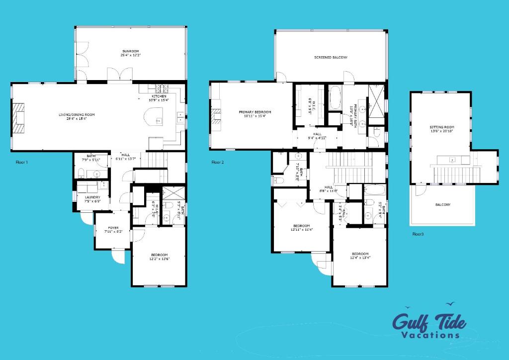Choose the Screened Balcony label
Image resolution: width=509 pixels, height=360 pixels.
(331, 58)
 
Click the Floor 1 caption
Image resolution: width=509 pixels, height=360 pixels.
(22, 162)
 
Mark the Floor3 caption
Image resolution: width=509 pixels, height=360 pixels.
(418, 233)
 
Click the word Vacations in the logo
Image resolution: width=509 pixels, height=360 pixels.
(430, 335)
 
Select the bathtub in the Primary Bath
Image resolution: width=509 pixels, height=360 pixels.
(335, 97)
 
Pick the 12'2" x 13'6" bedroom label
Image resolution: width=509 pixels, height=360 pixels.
(159, 257)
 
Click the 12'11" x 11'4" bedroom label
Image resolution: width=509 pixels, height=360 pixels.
(301, 228)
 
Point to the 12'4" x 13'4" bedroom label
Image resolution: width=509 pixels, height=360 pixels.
(360, 256)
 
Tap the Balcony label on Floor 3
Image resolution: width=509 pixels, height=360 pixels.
(443, 205)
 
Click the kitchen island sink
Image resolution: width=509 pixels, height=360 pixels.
(158, 120)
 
